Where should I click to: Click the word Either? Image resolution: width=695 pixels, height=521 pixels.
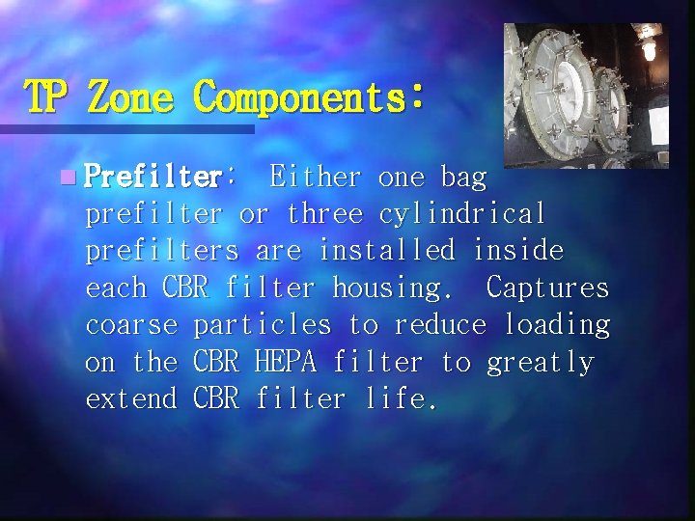pos(316,178)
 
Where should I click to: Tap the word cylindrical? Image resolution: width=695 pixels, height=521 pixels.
pos(462,214)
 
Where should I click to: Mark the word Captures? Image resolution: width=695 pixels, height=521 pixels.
pos(547,288)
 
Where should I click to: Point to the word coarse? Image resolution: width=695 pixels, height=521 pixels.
pos(131,325)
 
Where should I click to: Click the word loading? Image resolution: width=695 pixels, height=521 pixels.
pos(556,325)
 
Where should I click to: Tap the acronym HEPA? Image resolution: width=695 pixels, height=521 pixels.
pos(286,362)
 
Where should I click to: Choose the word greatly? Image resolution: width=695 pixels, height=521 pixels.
pos(540,364)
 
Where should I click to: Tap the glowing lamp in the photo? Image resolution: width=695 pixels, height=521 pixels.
pos(648,45)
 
